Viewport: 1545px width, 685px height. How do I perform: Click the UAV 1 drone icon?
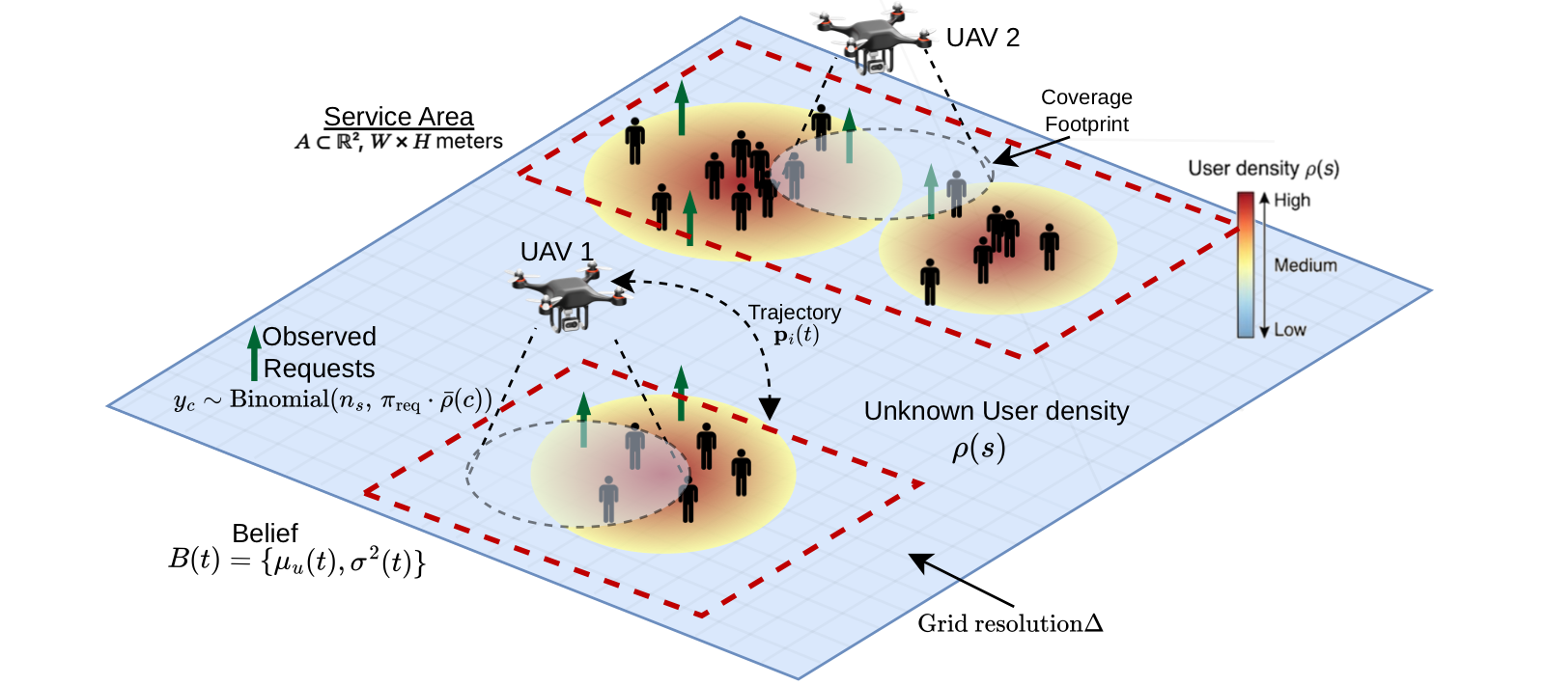pyautogui.click(x=569, y=298)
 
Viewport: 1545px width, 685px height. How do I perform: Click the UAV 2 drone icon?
pyautogui.click(x=875, y=39)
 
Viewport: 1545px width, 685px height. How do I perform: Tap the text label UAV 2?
pyautogui.click(x=982, y=38)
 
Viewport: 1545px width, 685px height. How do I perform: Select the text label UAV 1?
pyautogui.click(x=556, y=252)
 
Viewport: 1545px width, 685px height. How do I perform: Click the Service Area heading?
pyautogui.click(x=398, y=117)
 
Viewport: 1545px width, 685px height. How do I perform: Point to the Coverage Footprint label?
pyautogui.click(x=1086, y=110)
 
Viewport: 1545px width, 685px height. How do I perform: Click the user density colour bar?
pyautogui.click(x=1246, y=264)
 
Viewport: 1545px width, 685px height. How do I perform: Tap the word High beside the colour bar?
pyautogui.click(x=1292, y=200)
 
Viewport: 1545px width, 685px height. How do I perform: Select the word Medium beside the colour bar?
pyautogui.click(x=1306, y=265)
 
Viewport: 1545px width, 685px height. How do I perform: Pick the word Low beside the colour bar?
pyautogui.click(x=1290, y=330)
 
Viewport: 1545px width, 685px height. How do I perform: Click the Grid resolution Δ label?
pyautogui.click(x=1010, y=623)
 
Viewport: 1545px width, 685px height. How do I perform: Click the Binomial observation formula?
pyautogui.click(x=333, y=400)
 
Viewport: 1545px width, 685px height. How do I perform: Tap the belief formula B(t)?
pyautogui.click(x=296, y=561)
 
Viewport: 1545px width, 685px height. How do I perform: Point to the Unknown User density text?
pyautogui.click(x=997, y=411)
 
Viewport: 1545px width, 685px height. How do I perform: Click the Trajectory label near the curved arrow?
pyautogui.click(x=794, y=313)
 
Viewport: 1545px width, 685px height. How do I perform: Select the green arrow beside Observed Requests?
pyautogui.click(x=254, y=352)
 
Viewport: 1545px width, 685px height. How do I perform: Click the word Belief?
pyautogui.click(x=265, y=534)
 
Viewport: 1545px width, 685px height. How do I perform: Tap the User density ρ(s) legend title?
pyautogui.click(x=1263, y=168)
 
